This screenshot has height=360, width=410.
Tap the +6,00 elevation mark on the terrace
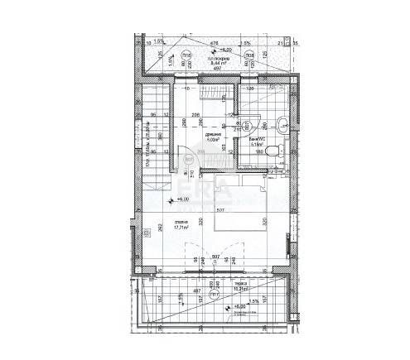239,306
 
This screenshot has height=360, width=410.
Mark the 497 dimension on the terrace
197,291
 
